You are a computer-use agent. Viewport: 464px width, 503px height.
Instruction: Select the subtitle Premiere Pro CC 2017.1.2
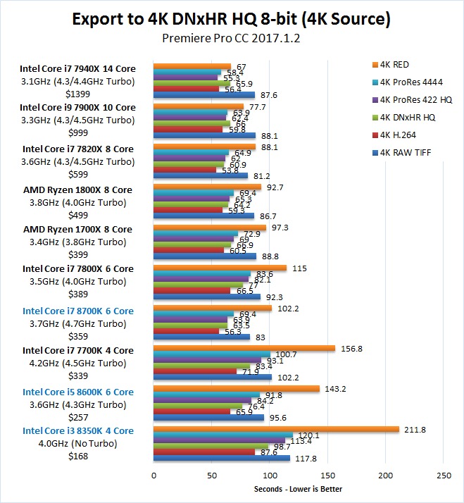pos(232,39)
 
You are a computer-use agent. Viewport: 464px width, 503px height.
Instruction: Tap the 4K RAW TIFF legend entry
pos(403,153)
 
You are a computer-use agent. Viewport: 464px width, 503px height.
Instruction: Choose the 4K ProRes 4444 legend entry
pos(408,82)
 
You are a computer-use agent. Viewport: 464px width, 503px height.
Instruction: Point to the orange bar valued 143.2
pos(237,389)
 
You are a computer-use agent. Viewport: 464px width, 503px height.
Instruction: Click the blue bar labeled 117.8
pos(222,458)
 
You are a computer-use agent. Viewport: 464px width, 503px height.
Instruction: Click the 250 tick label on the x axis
pos(444,476)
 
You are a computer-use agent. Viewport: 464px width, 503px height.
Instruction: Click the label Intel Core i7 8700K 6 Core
pos(77,310)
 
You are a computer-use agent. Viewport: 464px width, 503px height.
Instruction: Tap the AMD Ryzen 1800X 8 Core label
pos(77,190)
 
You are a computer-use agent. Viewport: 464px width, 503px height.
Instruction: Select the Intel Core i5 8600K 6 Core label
pos(77,392)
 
